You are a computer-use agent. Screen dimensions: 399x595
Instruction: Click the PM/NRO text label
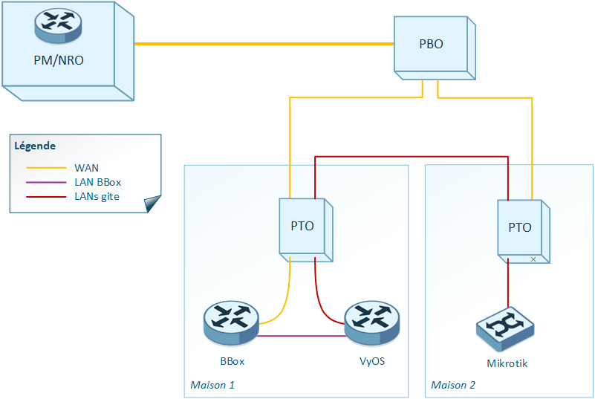pyautogui.click(x=59, y=60)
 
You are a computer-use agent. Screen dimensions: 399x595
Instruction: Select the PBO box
pyautogui.click(x=432, y=45)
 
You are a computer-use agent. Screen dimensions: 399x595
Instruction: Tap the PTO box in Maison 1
pyautogui.click(x=303, y=227)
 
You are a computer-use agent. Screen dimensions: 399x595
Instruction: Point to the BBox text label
pyautogui.click(x=232, y=362)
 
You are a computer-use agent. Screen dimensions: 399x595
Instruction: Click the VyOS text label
pyautogui.click(x=371, y=362)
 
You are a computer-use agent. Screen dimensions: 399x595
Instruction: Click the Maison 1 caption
pyautogui.click(x=212, y=385)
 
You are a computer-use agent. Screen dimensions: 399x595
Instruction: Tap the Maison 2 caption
pyautogui.click(x=453, y=385)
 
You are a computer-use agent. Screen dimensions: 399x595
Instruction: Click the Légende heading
pyautogui.click(x=35, y=146)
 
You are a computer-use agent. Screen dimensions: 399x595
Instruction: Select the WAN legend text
pyautogui.click(x=86, y=168)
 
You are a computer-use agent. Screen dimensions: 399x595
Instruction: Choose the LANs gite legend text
pyautogui.click(x=97, y=196)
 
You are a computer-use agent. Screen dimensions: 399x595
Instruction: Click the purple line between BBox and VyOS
pyautogui.click(x=302, y=336)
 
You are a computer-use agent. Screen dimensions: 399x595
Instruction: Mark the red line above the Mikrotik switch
pyautogui.click(x=508, y=286)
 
